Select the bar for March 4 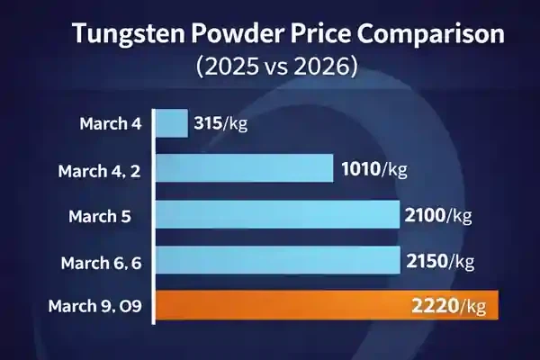tap(172, 123)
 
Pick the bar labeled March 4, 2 tap(245, 169)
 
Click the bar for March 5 tap(278, 215)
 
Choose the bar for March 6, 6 tap(278, 261)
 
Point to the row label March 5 tap(100, 216)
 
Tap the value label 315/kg tap(220, 123)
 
